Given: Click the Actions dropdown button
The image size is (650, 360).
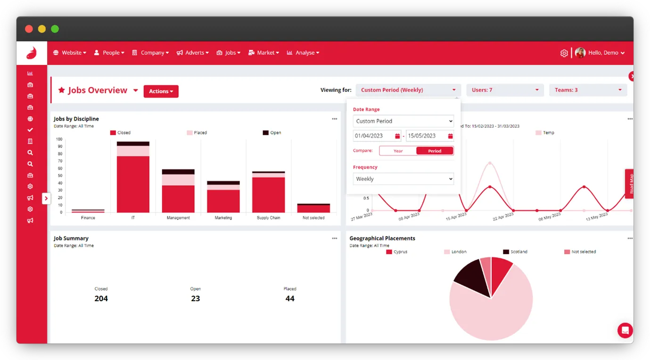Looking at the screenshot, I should pyautogui.click(x=161, y=91).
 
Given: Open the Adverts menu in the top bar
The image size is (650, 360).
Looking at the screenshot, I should pyautogui.click(x=193, y=53).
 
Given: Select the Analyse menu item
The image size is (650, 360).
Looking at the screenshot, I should pyautogui.click(x=303, y=53).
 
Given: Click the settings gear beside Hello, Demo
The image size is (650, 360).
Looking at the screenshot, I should pyautogui.click(x=564, y=53).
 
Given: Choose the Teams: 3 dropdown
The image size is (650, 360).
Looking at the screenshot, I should pyautogui.click(x=588, y=90).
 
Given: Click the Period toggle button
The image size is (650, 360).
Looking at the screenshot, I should pyautogui.click(x=435, y=151).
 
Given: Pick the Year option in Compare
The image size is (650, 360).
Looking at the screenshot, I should pyautogui.click(x=398, y=151).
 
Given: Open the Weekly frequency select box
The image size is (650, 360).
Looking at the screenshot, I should pyautogui.click(x=403, y=179).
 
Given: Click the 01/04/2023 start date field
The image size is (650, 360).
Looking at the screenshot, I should pyautogui.click(x=373, y=136).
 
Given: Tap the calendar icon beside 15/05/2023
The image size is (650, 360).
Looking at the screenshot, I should pyautogui.click(x=450, y=136).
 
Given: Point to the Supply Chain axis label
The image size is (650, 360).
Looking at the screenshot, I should pyautogui.click(x=269, y=218).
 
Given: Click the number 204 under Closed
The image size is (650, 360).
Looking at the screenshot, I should pyautogui.click(x=101, y=298).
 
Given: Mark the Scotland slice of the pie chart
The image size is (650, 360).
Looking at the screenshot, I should pyautogui.click(x=473, y=280).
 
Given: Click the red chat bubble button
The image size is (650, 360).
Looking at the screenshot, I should pyautogui.click(x=625, y=330).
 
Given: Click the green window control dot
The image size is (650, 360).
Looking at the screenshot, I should pyautogui.click(x=55, y=29).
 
